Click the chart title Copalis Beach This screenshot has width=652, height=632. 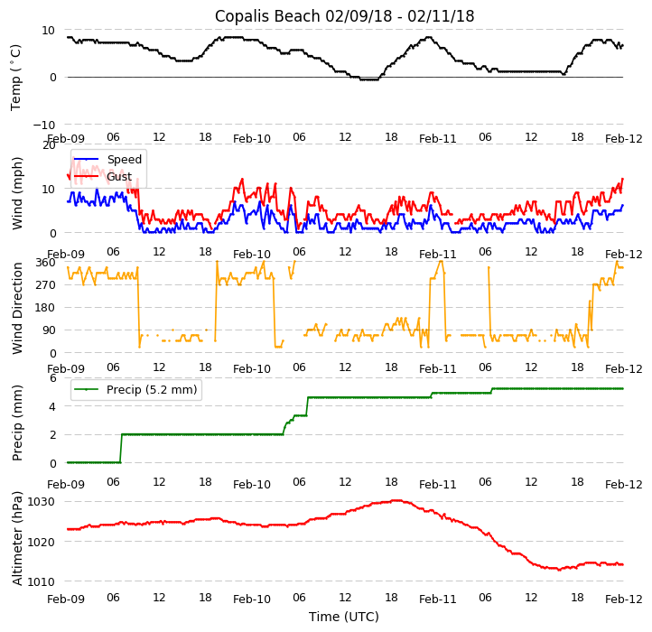(x=344, y=16)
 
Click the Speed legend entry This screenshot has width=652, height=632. (x=124, y=160)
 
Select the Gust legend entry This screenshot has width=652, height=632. (x=118, y=177)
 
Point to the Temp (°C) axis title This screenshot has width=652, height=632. (x=16, y=77)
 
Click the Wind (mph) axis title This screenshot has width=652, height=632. (x=17, y=192)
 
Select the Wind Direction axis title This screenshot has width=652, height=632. (x=17, y=308)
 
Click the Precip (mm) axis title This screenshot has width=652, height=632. (x=17, y=422)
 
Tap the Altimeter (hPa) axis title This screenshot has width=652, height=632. (x=17, y=538)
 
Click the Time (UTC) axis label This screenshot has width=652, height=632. (x=344, y=617)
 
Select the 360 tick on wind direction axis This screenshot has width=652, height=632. (x=46, y=263)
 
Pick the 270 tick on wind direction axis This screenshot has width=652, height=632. (x=46, y=285)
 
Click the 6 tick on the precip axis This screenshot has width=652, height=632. (x=52, y=377)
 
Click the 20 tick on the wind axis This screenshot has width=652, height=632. (x=49, y=144)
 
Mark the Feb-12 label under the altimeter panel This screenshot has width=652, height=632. (x=624, y=599)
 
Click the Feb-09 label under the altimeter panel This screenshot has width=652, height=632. (x=67, y=599)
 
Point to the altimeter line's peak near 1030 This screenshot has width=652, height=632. (x=396, y=500)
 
